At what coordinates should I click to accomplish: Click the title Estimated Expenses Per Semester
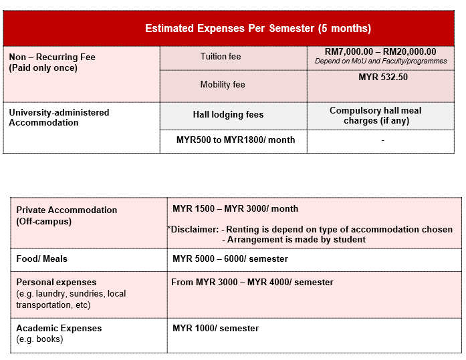click(258, 29)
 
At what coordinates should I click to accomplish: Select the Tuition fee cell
click(221, 57)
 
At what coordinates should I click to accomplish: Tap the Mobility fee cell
click(223, 85)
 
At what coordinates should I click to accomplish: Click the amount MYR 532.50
click(383, 77)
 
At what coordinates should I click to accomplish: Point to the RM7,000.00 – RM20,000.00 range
click(380, 51)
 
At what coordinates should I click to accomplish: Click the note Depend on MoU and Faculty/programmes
click(380, 61)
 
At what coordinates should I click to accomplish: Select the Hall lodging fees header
click(228, 115)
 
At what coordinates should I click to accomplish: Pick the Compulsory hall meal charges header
click(375, 116)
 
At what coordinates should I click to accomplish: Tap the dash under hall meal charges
click(382, 140)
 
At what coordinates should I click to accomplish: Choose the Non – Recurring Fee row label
click(52, 62)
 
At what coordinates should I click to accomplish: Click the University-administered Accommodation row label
click(59, 118)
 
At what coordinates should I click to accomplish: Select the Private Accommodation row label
click(67, 215)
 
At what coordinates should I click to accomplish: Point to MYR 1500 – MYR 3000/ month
click(235, 209)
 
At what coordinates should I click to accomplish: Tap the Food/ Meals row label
click(42, 258)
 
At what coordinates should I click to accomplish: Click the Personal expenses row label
click(57, 283)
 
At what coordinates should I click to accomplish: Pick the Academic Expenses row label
click(60, 329)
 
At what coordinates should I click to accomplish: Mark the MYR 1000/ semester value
click(215, 328)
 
